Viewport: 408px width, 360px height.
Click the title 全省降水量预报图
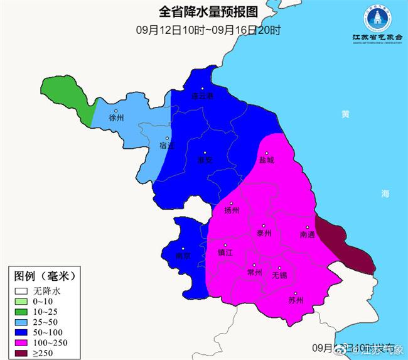(207, 11)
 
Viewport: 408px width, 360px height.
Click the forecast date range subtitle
(208, 30)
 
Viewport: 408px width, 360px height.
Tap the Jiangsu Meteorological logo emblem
(377, 19)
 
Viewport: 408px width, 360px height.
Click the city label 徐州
(116, 117)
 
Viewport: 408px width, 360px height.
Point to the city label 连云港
(202, 96)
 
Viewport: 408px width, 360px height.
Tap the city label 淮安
(205, 160)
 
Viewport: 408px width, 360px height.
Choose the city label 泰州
(264, 233)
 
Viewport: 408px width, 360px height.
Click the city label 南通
(308, 234)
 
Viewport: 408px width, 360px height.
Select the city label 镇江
(225, 253)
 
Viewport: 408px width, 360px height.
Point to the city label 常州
(254, 272)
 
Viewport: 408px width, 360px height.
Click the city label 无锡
(279, 275)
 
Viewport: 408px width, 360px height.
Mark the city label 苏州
(295, 300)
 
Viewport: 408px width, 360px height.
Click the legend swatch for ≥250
(23, 353)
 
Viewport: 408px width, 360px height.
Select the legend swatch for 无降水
(23, 292)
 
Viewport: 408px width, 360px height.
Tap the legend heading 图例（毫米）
(45, 276)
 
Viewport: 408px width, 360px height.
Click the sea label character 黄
(345, 114)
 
